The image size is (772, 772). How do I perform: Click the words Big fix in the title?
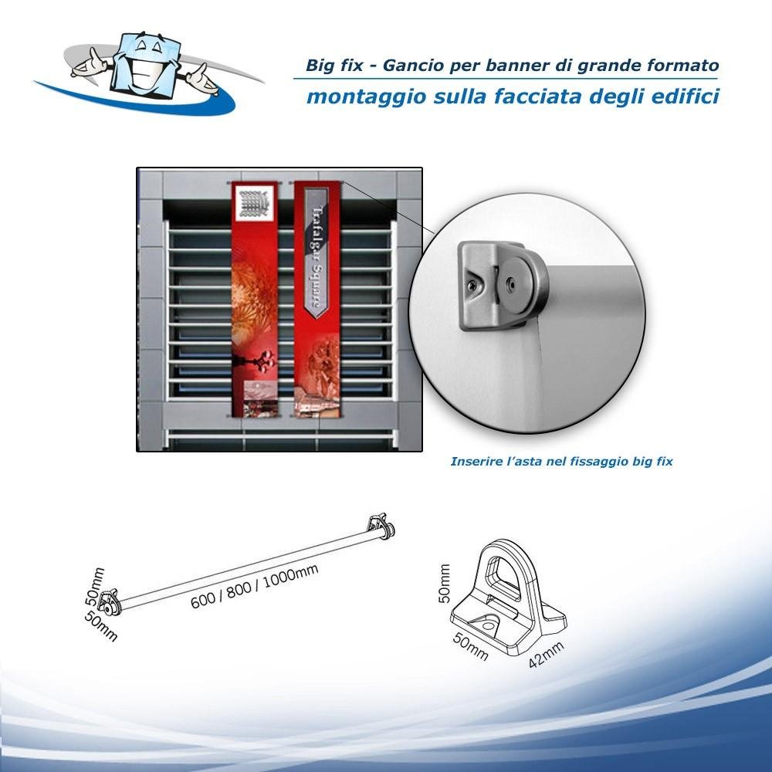click(x=334, y=65)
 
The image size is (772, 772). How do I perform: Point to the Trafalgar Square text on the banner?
click(x=317, y=257)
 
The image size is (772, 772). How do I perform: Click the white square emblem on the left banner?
click(x=254, y=203)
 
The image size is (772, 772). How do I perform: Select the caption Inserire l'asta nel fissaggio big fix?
click(x=561, y=462)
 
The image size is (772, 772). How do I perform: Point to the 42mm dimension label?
click(x=546, y=655)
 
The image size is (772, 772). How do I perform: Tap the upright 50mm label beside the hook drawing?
click(x=444, y=584)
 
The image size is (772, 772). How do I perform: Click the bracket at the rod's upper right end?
click(x=381, y=527)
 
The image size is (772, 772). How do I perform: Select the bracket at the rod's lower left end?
click(x=110, y=602)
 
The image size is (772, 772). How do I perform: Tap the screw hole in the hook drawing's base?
click(x=488, y=626)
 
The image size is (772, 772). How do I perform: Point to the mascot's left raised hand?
click(x=90, y=62)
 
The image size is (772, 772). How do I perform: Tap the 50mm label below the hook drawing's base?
click(x=471, y=647)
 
